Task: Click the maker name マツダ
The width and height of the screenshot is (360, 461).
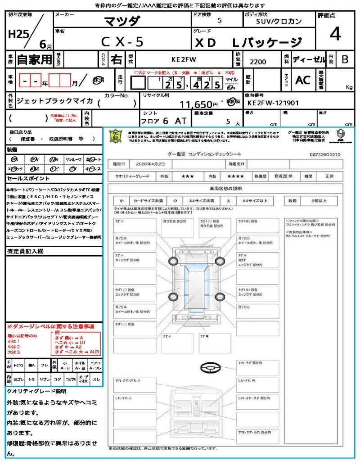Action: coord(122,21)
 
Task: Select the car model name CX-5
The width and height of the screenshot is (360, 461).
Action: coord(122,42)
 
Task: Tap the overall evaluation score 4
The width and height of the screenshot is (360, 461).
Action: coord(334,34)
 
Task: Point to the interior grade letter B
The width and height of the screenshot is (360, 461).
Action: coord(345,59)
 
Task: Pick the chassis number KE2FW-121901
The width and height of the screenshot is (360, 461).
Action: coord(273,103)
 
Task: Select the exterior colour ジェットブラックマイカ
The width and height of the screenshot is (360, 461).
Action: coord(54,101)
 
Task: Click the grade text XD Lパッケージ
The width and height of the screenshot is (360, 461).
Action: coord(248,43)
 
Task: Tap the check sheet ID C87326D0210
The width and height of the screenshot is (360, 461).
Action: coord(325,154)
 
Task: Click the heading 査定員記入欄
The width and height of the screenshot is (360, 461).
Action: coord(25,251)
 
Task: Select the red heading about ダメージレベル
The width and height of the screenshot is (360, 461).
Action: coord(50,326)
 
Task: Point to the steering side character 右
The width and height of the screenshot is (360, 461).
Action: coord(117,59)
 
